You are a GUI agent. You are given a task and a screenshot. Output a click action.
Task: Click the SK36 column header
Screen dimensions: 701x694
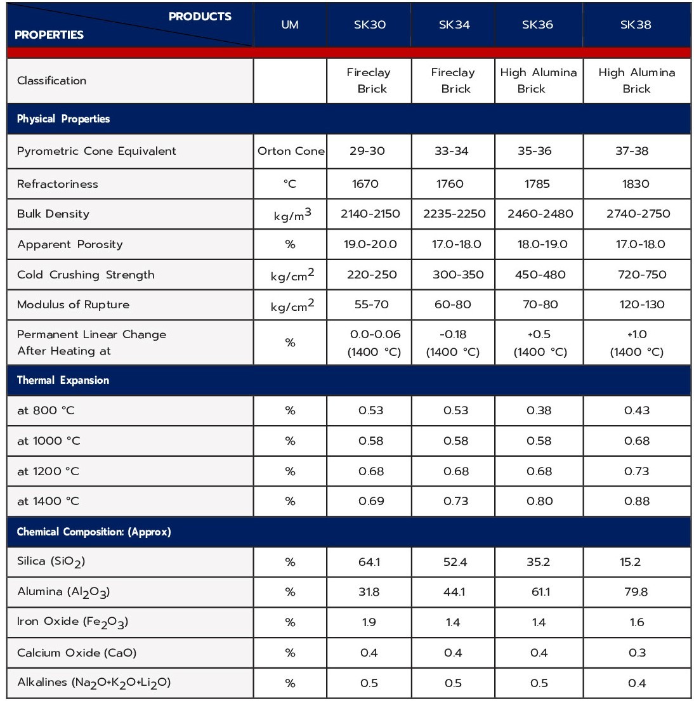[x=537, y=25]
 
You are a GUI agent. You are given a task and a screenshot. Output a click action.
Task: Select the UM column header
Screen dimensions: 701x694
[x=290, y=25]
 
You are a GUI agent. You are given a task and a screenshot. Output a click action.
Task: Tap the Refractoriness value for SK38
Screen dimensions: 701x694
[x=636, y=184]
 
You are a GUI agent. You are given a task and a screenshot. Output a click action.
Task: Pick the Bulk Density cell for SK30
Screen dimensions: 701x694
[x=370, y=214]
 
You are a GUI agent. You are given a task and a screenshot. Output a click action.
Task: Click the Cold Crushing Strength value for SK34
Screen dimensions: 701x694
[x=454, y=275]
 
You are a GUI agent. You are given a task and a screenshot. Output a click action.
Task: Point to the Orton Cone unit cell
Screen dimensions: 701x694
[x=291, y=151]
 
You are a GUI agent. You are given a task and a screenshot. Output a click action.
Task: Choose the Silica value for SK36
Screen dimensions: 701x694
[x=539, y=562]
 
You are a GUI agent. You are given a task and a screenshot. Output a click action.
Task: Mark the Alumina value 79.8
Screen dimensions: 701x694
[x=636, y=592]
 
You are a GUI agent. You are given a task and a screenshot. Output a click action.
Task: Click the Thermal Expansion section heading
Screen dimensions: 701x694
[x=63, y=380]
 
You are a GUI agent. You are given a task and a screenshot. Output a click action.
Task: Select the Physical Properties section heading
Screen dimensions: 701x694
[x=63, y=119]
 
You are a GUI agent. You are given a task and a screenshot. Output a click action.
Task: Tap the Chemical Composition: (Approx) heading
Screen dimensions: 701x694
[x=94, y=532]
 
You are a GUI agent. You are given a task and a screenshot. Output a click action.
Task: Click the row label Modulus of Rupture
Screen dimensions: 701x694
[x=73, y=305]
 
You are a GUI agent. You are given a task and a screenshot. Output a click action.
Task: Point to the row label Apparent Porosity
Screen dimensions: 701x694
[x=70, y=244]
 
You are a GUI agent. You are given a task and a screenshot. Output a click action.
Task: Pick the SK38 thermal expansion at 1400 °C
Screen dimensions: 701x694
[x=636, y=501]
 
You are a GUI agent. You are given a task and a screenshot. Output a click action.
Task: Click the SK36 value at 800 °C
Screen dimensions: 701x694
[x=539, y=410]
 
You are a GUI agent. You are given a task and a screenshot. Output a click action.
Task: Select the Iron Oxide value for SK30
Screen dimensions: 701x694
[x=369, y=622]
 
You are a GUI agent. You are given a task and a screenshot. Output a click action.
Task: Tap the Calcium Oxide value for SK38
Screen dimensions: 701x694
[x=636, y=653]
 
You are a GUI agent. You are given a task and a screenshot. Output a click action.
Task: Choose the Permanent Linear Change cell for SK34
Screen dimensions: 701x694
[x=453, y=343]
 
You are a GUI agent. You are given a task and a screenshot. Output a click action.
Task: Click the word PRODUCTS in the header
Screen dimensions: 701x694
[x=200, y=16]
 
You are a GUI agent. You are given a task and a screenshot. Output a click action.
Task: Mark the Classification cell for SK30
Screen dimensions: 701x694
[x=369, y=81]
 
